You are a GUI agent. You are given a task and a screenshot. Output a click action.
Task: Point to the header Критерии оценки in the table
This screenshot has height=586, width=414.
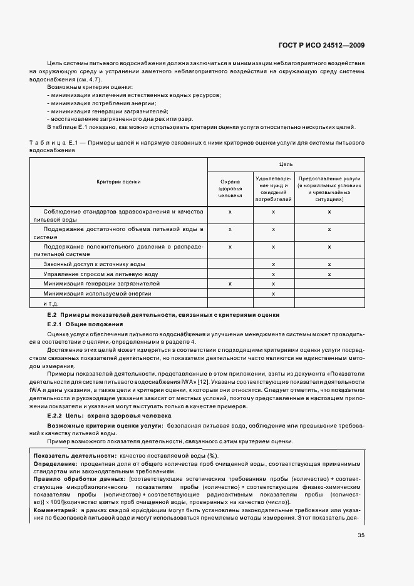[119, 182]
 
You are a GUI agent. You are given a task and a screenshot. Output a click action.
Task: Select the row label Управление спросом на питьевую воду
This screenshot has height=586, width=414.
[91, 274]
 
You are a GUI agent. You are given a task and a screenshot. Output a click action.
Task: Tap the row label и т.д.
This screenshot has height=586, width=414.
[50, 303]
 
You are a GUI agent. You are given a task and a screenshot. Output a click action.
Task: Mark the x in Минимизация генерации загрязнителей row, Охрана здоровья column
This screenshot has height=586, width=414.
[230, 284]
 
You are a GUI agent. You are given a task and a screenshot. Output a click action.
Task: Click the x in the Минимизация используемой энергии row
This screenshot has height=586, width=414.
[273, 293]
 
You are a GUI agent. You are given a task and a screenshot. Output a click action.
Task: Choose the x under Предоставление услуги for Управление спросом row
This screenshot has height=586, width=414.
[329, 274]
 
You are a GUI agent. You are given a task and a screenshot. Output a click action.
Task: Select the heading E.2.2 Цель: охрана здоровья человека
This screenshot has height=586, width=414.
[110, 416]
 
